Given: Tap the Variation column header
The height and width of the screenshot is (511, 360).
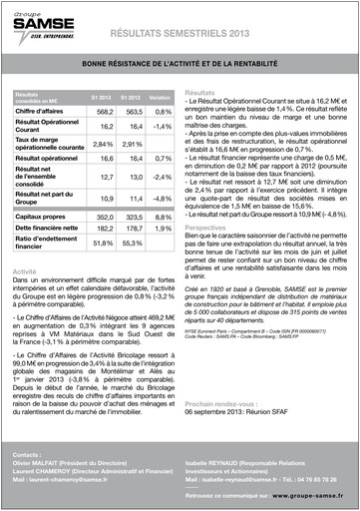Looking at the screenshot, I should tap(160, 97).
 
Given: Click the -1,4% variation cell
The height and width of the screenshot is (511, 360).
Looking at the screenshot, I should tap(162, 127).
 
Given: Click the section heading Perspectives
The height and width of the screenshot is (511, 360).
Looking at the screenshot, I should tap(207, 228).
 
